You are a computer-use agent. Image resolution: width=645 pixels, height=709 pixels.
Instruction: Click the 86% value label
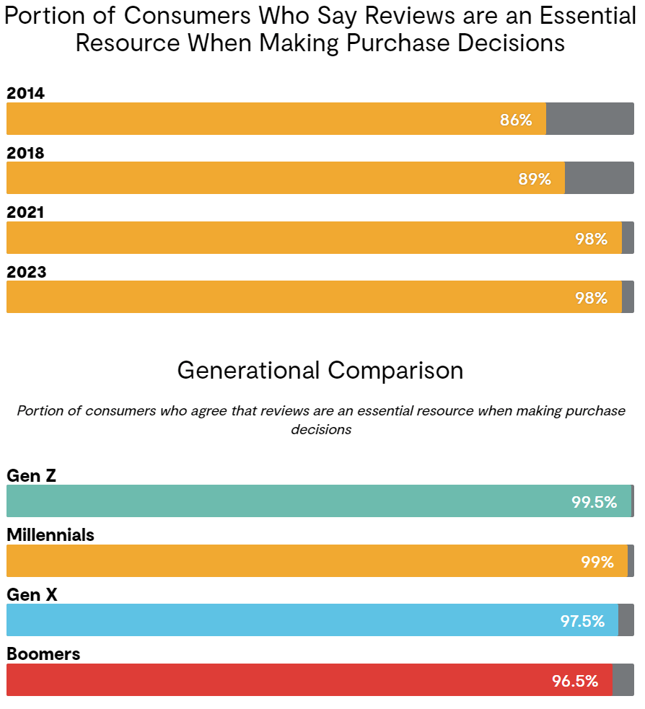coord(516,120)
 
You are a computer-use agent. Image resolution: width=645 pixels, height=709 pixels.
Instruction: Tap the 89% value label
coord(535,179)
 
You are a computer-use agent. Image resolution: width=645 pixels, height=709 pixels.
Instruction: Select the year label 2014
coord(25,93)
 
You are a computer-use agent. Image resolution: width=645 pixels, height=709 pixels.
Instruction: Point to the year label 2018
coord(25,153)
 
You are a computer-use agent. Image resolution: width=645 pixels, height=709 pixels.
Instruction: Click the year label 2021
coord(25,212)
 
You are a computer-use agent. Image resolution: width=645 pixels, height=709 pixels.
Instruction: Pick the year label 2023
coord(25,272)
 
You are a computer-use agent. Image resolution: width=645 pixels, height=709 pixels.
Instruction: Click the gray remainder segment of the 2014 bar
coord(589,119)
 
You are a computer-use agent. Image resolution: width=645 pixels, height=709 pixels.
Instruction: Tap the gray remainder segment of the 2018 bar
coord(599,178)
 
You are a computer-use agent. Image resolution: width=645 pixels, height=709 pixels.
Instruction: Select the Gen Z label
coord(31,475)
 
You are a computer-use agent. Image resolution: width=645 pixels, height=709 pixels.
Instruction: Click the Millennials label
coord(51,535)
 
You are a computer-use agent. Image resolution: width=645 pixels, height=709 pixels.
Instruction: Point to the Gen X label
coord(32,594)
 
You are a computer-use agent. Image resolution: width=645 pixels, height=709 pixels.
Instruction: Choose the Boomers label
coord(43,654)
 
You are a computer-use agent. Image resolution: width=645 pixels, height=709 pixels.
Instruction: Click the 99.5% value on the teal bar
coord(594,502)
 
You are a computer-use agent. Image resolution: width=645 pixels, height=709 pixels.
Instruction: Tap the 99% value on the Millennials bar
coord(597,562)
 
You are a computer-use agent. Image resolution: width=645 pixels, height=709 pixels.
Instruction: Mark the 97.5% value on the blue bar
coord(582,621)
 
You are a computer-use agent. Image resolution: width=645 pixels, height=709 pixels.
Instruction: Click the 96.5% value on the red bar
coord(575,681)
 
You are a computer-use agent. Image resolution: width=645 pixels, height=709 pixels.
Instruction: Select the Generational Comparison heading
coord(320,370)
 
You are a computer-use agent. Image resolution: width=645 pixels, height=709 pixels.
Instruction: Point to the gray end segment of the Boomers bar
coord(623,680)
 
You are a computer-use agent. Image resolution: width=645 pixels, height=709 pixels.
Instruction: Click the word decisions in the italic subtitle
coord(321,429)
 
